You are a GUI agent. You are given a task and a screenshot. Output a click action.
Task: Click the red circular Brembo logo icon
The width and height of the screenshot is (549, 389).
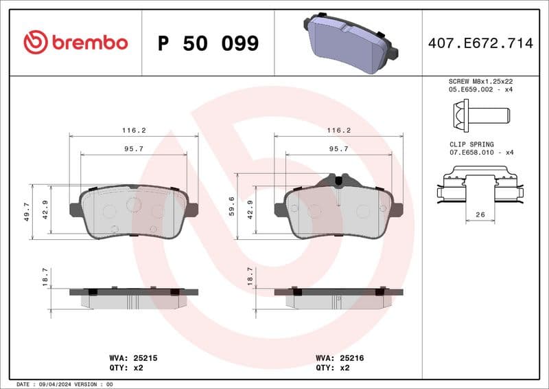point(36,43)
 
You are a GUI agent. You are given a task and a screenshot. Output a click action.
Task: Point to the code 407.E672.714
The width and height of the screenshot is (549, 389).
point(480,43)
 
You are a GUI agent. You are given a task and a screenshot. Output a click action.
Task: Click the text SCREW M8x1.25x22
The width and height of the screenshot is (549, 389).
point(480,81)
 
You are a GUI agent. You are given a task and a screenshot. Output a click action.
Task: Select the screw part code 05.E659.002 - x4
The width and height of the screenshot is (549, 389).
point(480,89)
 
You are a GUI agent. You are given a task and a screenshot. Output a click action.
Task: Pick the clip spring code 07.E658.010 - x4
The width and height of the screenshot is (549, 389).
point(480,153)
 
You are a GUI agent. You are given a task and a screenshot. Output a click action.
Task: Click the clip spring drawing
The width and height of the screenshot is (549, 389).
point(480,188)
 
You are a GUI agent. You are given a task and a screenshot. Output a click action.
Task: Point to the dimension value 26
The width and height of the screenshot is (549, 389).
point(480,215)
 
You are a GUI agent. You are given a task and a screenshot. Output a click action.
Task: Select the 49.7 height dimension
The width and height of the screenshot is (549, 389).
point(27,212)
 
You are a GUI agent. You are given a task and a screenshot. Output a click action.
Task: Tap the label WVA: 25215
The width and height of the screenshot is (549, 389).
point(134,358)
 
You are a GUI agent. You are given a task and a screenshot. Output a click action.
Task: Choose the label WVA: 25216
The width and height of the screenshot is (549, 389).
point(340,358)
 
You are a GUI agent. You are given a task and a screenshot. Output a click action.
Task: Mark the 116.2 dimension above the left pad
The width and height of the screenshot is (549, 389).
point(134,130)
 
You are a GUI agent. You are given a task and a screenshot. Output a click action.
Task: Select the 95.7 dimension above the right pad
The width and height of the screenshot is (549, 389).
point(339,148)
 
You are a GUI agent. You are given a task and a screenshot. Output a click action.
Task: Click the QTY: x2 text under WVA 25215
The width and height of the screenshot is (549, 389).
point(126,368)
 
